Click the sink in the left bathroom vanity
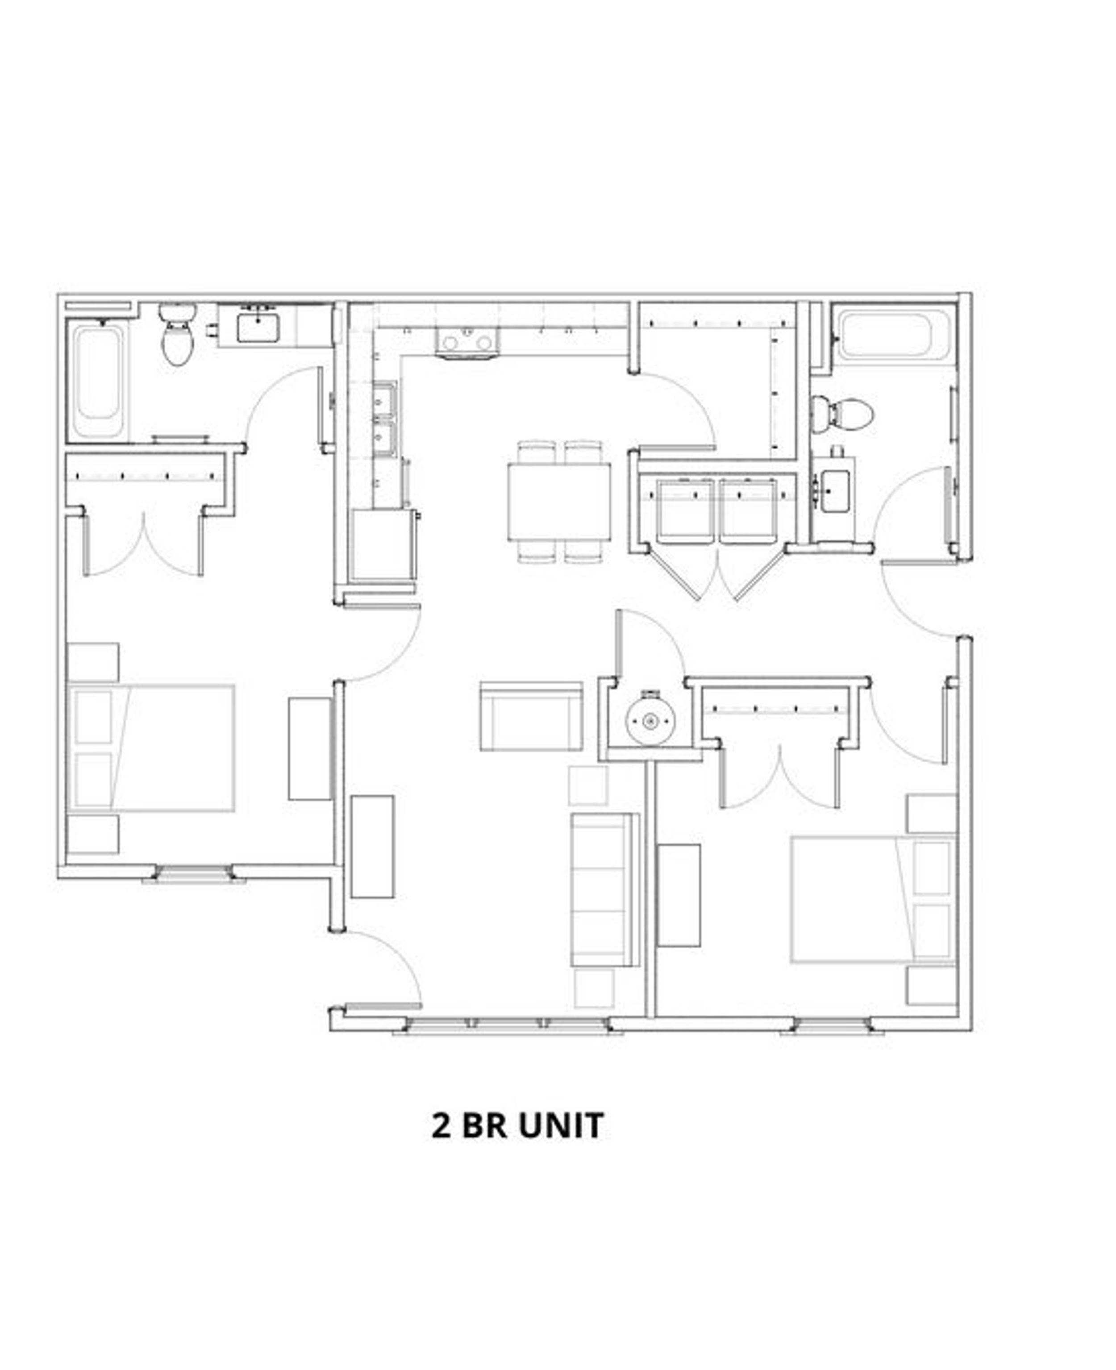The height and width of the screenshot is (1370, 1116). [258, 327]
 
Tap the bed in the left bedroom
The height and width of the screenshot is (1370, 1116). [151, 748]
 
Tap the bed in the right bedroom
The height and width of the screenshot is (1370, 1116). [874, 900]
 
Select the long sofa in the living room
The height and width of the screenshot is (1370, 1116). [604, 890]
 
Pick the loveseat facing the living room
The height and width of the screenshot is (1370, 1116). [531, 716]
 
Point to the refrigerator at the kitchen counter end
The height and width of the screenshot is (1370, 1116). [381, 545]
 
